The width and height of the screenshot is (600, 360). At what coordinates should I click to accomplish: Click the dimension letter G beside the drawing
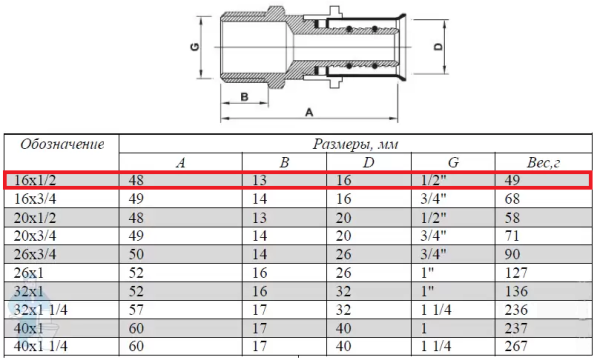[x=195, y=47]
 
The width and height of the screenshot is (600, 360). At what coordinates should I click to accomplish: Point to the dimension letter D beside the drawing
[x=439, y=47]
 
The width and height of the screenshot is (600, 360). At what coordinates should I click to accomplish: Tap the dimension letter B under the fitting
[x=245, y=97]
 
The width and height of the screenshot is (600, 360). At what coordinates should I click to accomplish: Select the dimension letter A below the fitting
[x=309, y=112]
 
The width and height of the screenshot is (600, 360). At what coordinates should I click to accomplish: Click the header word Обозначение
[x=62, y=144]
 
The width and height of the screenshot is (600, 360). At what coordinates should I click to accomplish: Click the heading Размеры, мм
[x=355, y=144]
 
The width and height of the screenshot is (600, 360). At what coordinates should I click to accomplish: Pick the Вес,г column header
[x=543, y=163]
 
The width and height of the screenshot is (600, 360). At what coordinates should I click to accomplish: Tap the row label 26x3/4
[x=35, y=254]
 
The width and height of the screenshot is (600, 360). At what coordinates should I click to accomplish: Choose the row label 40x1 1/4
[x=41, y=346]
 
